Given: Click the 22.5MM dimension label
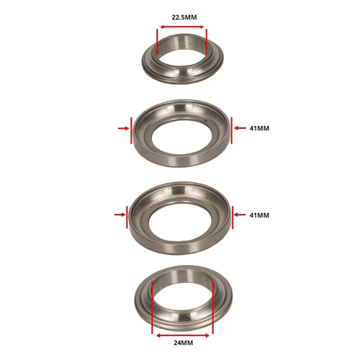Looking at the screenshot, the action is click(x=184, y=17).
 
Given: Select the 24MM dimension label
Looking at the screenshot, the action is click(x=183, y=343).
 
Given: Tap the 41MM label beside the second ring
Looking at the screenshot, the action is click(x=259, y=128).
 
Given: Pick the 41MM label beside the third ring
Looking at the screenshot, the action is click(x=259, y=215).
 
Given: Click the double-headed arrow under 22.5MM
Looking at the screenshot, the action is click(x=182, y=27).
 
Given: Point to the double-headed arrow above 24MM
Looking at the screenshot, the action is click(x=183, y=336).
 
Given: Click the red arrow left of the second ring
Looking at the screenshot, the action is click(x=123, y=128).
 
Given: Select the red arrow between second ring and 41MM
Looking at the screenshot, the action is click(x=240, y=128).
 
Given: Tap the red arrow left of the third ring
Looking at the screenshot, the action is click(x=120, y=215).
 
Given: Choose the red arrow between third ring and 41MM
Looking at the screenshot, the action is click(x=240, y=215).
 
